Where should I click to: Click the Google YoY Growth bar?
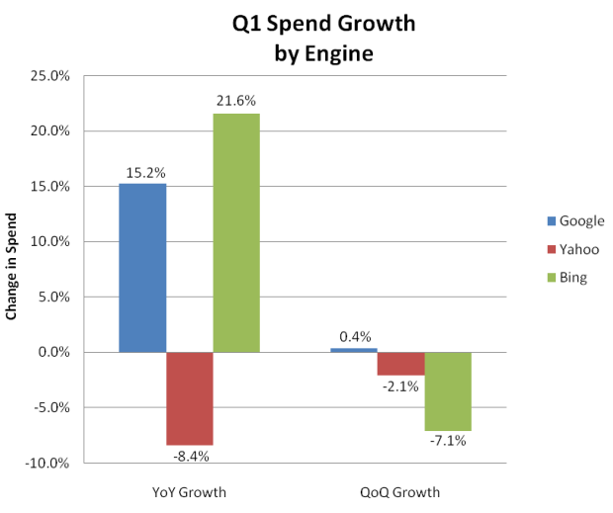[142, 268]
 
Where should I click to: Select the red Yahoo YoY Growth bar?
[189, 398]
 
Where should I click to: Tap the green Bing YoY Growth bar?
[236, 232]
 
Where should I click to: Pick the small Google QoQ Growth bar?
[353, 350]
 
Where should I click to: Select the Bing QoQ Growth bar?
[447, 391]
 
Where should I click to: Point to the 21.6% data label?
[236, 101]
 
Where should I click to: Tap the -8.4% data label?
[190, 457]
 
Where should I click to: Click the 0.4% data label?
[354, 336]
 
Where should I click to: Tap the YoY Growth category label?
[190, 492]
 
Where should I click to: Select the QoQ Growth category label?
[400, 492]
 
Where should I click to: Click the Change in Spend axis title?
[14, 269]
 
